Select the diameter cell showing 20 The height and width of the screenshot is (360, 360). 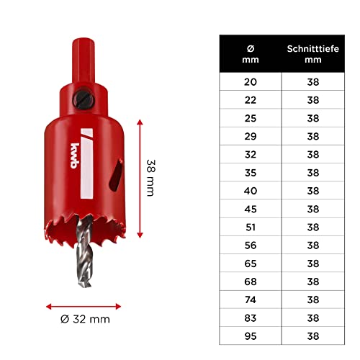tap(249, 82)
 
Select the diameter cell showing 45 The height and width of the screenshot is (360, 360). tap(249, 209)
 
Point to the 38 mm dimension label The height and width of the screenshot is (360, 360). tap(150, 177)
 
